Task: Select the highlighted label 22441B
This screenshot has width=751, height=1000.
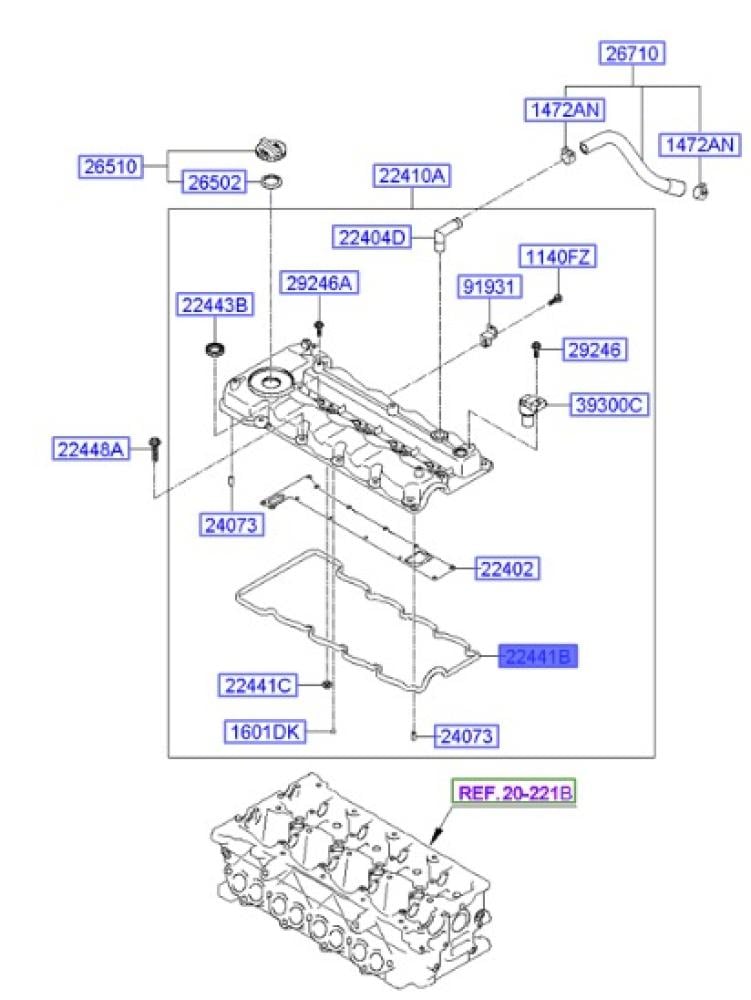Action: [x=539, y=656]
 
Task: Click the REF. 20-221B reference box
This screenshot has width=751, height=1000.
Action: [x=515, y=793]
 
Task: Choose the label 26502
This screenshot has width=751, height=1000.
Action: [x=214, y=183]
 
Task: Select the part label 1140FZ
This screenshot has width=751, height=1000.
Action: [x=556, y=257]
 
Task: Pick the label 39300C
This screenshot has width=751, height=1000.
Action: [x=610, y=405]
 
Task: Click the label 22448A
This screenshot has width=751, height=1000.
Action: [x=91, y=450]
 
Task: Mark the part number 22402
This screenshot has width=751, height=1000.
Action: [x=507, y=569]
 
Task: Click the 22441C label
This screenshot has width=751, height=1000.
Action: [x=258, y=685]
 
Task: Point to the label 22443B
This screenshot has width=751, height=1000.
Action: [x=213, y=303]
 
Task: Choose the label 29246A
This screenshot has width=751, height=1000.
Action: [x=318, y=283]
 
